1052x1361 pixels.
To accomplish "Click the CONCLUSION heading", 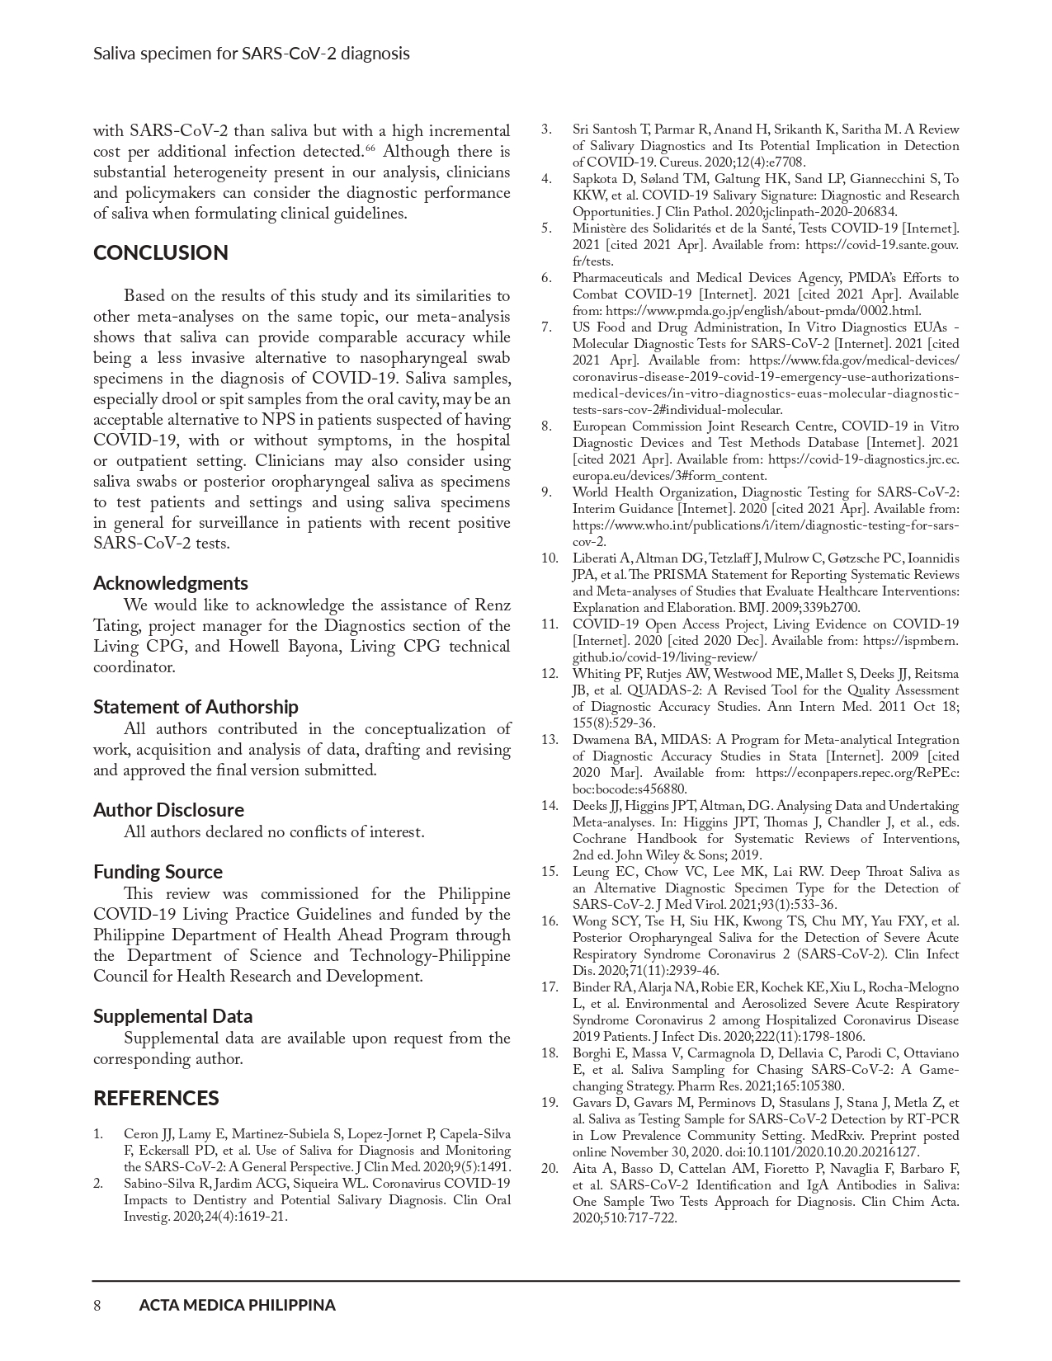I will point(160,253).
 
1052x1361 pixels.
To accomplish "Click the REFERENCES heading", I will point(156,1099).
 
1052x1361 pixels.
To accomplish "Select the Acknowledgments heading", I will point(170,583).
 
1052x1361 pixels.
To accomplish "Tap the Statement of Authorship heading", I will point(196,707).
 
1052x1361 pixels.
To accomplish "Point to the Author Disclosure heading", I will point(168,810).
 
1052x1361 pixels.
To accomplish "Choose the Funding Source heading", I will point(158,872).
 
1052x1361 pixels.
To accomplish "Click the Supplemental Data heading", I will point(172,1016).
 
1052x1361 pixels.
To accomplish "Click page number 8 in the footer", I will point(97,1305).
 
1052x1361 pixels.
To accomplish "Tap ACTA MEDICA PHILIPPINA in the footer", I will point(237,1305).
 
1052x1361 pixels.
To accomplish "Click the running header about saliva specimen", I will point(251,54).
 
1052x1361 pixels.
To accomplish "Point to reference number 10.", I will point(550,558).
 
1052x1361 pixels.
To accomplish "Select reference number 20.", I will point(550,1169).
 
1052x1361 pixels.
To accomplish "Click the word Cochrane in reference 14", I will point(601,839).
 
